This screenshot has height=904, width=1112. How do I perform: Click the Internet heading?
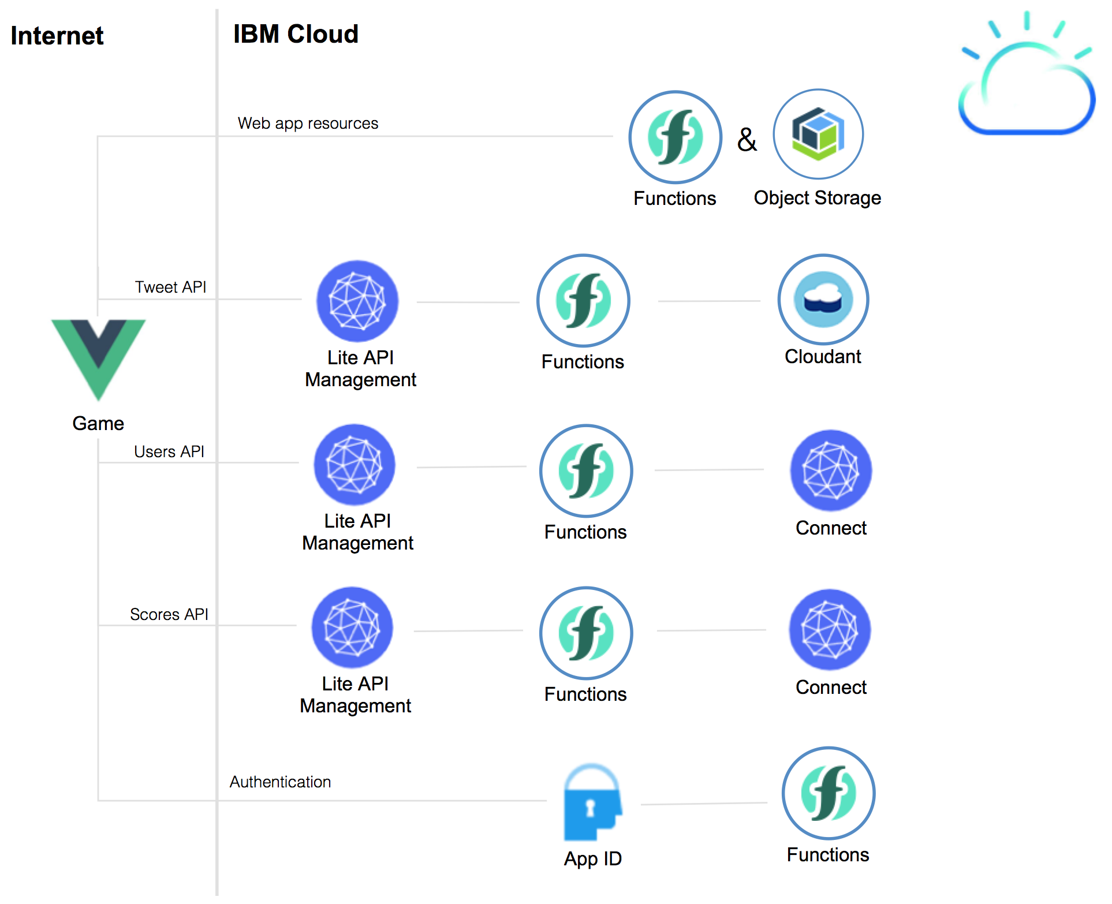pyautogui.click(x=57, y=36)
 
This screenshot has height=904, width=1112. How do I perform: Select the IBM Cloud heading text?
pyautogui.click(x=296, y=34)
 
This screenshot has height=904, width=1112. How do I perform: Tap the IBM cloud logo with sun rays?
pyautogui.click(x=1027, y=78)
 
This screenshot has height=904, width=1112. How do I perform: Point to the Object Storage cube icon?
pyautogui.click(x=818, y=134)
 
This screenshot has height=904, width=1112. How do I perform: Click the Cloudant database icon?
pyautogui.click(x=823, y=300)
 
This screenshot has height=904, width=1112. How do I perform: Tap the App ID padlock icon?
pyautogui.click(x=592, y=804)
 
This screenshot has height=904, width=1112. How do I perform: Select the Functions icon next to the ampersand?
pyautogui.click(x=675, y=137)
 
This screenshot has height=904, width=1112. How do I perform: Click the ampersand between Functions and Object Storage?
pyautogui.click(x=747, y=140)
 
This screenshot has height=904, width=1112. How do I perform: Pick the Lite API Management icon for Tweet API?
pyautogui.click(x=357, y=301)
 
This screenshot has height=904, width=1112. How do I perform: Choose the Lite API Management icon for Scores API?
pyautogui.click(x=352, y=627)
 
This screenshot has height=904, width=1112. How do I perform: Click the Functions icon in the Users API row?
pyautogui.click(x=586, y=470)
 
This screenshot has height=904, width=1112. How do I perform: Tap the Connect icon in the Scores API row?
pyautogui.click(x=830, y=630)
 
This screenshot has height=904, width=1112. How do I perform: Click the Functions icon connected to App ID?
pyautogui.click(x=829, y=793)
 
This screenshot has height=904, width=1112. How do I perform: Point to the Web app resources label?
pyautogui.click(x=308, y=124)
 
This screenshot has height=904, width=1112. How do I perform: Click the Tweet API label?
pyautogui.click(x=170, y=287)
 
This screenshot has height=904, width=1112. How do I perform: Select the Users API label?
pyautogui.click(x=169, y=451)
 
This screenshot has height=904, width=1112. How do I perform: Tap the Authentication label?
pyautogui.click(x=280, y=782)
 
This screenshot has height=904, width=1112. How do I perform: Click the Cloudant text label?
pyautogui.click(x=823, y=357)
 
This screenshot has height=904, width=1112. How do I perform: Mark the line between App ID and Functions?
pyautogui.click(x=704, y=804)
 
